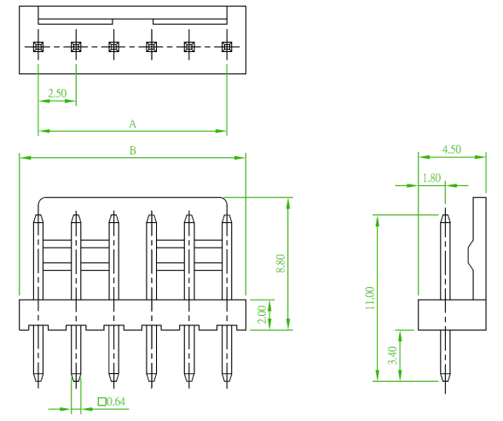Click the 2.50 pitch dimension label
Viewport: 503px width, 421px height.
[x=57, y=94]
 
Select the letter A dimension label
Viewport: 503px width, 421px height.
[x=132, y=124]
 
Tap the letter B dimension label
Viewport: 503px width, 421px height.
[x=132, y=150]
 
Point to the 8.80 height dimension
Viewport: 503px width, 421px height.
[x=280, y=263]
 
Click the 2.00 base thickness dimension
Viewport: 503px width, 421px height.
[x=262, y=314]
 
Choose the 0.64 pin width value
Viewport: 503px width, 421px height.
[x=116, y=401]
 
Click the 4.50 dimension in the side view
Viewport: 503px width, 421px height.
[x=452, y=149]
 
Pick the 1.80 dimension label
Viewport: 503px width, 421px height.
[x=431, y=178]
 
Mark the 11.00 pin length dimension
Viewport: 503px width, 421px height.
[x=370, y=298]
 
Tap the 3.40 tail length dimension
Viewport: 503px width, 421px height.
[x=392, y=355]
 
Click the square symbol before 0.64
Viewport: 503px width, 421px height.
[x=102, y=401]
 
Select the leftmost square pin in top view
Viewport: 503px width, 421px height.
[x=38, y=47]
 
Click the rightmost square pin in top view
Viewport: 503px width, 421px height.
[x=227, y=47]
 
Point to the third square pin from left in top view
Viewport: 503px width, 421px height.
[x=113, y=47]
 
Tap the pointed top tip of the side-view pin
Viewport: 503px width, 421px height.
[x=445, y=215]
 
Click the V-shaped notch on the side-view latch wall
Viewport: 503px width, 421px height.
[x=471, y=256]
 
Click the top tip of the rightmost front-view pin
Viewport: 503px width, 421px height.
[x=227, y=215]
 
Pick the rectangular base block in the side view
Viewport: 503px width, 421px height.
[x=452, y=314]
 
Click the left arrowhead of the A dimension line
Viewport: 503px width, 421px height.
[x=43, y=132]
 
